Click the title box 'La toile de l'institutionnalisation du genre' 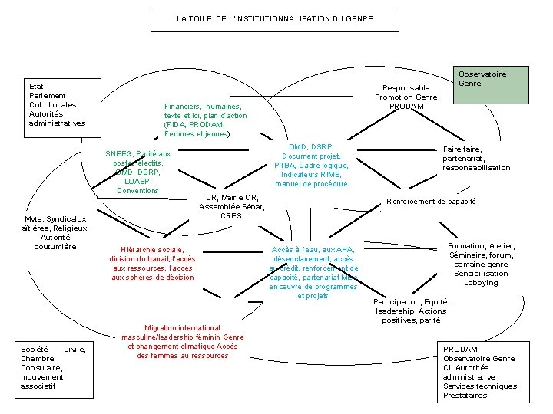coord(274,19)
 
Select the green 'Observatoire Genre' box coord(491,84)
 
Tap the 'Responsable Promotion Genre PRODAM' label coord(406,97)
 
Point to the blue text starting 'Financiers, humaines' coord(206,120)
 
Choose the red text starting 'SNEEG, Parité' coord(138,172)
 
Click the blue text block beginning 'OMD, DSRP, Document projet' coord(311,165)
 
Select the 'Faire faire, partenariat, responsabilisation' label coord(476,159)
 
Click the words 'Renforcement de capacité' coord(431,202)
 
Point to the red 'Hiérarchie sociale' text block coord(153,264)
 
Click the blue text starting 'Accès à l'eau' coord(313,272)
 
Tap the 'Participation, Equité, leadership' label coord(411,311)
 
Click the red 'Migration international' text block coord(183,342)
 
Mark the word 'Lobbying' coord(482,283)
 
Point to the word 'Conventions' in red coord(138,191)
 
